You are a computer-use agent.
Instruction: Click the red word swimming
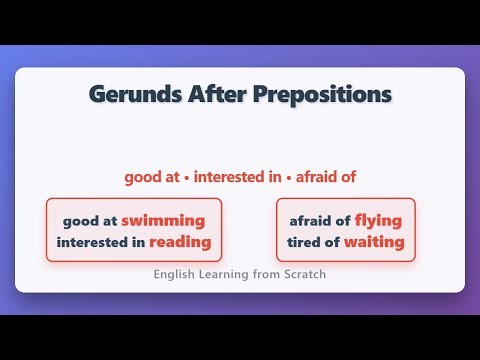(x=163, y=220)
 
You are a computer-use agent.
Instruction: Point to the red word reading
(x=180, y=242)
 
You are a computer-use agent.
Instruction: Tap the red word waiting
(x=374, y=242)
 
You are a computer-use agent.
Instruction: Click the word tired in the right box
(x=304, y=242)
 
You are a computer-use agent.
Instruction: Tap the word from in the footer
(x=264, y=274)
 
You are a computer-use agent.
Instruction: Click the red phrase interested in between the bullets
(x=237, y=178)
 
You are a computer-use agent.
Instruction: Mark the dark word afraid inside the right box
(x=311, y=220)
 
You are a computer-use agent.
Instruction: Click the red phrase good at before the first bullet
(x=151, y=178)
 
